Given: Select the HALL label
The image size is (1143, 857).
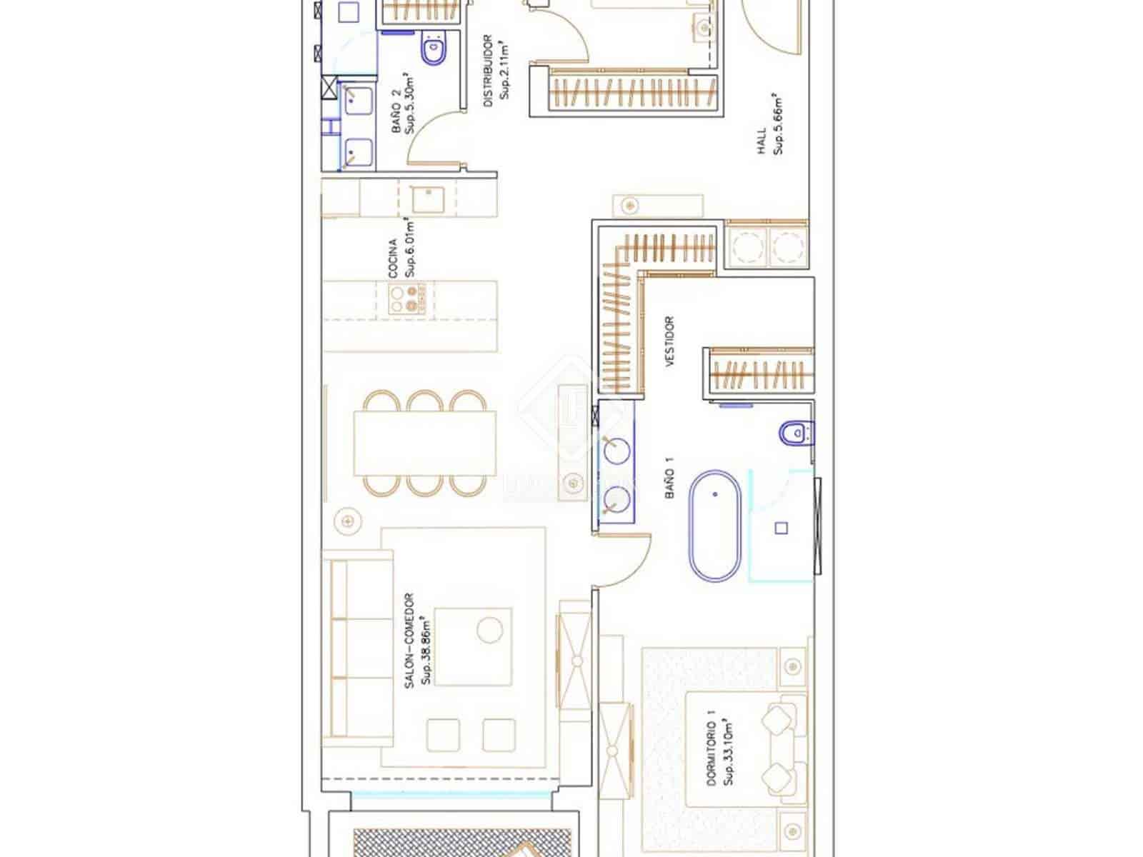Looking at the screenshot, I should click(x=762, y=141).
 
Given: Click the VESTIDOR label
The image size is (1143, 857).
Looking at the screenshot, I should click(x=670, y=342).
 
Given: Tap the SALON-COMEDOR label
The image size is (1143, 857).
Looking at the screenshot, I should click(x=409, y=641).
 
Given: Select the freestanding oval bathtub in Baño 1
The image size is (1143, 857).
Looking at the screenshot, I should click(x=714, y=525).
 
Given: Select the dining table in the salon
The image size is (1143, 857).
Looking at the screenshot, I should click(x=425, y=443).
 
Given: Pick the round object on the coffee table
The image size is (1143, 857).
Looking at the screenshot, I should click(x=489, y=630).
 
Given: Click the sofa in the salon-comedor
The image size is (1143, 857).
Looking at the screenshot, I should click(x=357, y=648).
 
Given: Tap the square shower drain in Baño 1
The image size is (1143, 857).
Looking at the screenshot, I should click(x=782, y=528).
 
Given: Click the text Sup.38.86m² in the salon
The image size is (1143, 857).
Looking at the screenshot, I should click(x=426, y=647).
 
